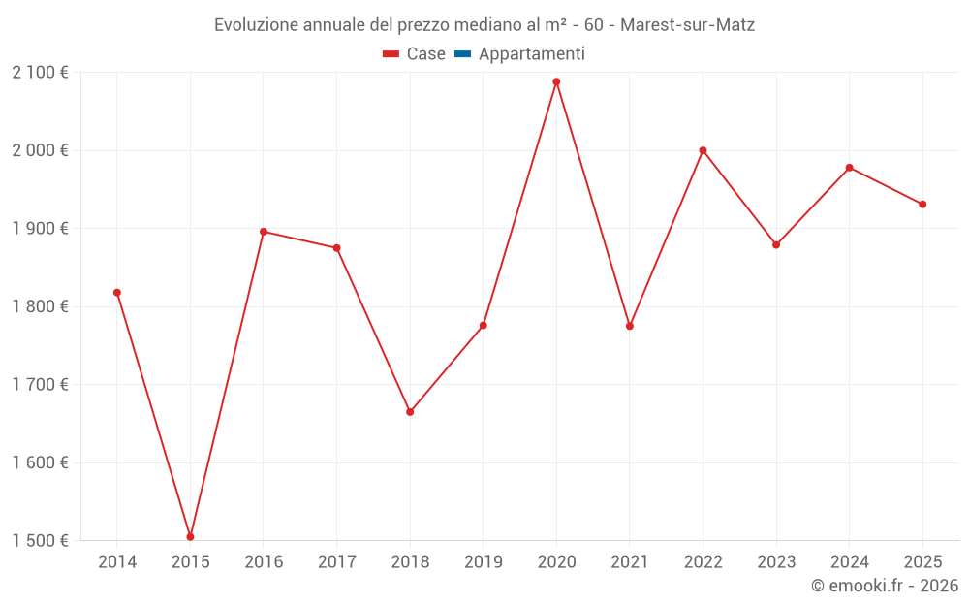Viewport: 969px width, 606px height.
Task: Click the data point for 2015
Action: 190,536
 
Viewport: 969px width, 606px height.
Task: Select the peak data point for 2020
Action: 556,81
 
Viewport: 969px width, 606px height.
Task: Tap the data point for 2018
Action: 410,412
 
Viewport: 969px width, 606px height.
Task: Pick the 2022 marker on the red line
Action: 703,150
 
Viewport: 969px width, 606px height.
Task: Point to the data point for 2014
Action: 117,293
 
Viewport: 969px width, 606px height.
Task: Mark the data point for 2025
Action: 922,205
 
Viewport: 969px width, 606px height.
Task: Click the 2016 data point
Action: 264,232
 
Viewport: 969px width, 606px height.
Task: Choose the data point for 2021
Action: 630,326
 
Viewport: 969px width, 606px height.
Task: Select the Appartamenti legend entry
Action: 531,54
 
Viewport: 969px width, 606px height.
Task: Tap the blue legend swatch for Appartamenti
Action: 462,54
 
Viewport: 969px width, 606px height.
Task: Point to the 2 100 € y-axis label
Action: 41,73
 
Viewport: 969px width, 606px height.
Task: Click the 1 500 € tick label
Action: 41,541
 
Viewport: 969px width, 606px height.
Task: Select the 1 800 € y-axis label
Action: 41,306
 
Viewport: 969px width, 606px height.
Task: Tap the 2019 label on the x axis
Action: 483,562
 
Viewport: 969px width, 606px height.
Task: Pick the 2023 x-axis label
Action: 776,562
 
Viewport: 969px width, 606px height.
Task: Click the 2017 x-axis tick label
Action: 336,562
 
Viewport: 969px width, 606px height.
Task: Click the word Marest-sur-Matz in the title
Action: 687,25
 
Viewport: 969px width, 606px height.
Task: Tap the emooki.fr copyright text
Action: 885,586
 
